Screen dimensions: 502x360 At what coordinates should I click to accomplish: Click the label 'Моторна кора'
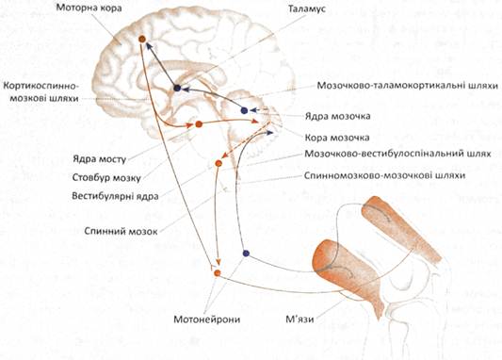(89, 8)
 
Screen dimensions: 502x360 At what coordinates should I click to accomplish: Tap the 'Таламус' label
(306, 8)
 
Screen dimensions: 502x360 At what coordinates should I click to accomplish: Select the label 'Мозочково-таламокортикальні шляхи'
(408, 86)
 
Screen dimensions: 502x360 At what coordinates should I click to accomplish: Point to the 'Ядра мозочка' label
(337, 116)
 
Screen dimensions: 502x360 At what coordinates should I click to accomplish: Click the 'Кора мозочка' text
(337, 138)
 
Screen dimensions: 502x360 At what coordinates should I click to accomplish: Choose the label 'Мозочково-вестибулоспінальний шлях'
(397, 154)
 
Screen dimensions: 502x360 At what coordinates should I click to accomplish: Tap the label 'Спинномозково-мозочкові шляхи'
(384, 175)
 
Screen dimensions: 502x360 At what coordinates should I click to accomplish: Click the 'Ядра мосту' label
(99, 159)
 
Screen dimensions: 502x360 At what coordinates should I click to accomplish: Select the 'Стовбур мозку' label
(106, 177)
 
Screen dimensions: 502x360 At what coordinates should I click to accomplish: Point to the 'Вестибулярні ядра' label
(115, 196)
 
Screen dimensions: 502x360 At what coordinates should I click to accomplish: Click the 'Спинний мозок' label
(121, 231)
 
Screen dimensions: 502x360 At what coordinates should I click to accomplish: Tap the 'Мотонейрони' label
(207, 319)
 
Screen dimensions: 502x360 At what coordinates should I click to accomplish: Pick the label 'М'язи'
(300, 319)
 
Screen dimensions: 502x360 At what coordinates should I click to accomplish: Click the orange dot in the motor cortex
(142, 39)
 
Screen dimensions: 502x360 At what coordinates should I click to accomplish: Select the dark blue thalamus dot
(177, 88)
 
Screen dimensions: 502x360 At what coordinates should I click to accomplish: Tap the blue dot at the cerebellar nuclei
(244, 111)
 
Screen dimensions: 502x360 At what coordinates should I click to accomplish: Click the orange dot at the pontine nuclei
(199, 124)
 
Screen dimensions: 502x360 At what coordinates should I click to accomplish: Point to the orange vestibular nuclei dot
(219, 163)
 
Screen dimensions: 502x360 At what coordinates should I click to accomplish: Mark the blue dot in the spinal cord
(246, 254)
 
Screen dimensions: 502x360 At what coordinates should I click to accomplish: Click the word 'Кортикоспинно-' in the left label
(40, 86)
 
